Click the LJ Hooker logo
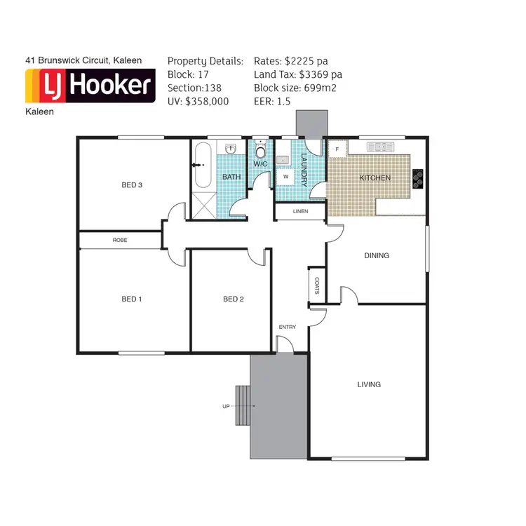point(89,86)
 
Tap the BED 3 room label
point(132,185)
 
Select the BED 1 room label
point(132,299)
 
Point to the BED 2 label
point(233,299)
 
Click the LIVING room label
point(368,384)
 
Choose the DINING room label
point(377,255)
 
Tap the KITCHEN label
point(375,178)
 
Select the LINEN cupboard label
point(300,211)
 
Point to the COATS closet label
point(317,286)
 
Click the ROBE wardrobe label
point(120,241)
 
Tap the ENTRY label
point(288,328)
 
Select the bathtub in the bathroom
point(203,165)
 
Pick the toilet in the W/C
point(260,151)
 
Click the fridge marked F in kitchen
point(337,149)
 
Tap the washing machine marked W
point(286,177)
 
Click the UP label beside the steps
point(226,406)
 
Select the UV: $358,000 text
point(198,101)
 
